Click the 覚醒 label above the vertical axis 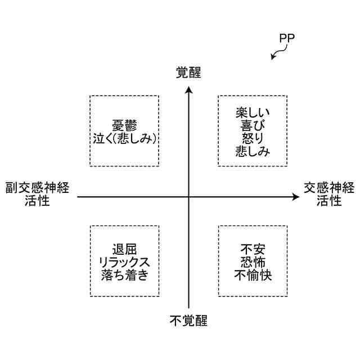(x=188, y=73)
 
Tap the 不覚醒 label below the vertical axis (x=188, y=321)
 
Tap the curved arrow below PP (x=277, y=53)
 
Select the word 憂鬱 (x=124, y=125)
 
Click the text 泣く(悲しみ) (x=124, y=138)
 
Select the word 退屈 (x=124, y=248)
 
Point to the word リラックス (x=124, y=262)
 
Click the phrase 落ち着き (x=124, y=274)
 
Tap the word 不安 (x=253, y=248)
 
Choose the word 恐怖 (x=253, y=262)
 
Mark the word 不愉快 (x=253, y=274)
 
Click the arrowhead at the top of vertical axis (x=188, y=88)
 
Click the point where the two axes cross (x=188, y=197)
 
